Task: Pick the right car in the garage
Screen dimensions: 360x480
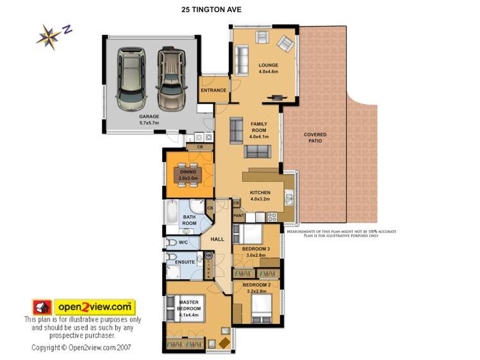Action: (x=170, y=78)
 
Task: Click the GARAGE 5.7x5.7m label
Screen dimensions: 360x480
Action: (x=149, y=119)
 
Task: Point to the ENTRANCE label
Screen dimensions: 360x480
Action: (x=213, y=90)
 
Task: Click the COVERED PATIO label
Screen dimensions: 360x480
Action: (x=315, y=138)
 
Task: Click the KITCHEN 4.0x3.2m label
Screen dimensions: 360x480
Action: (x=260, y=196)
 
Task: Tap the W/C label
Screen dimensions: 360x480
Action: (x=183, y=243)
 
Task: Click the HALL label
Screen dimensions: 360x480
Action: (x=217, y=239)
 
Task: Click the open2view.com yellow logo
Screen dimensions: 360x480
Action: (x=94, y=306)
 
